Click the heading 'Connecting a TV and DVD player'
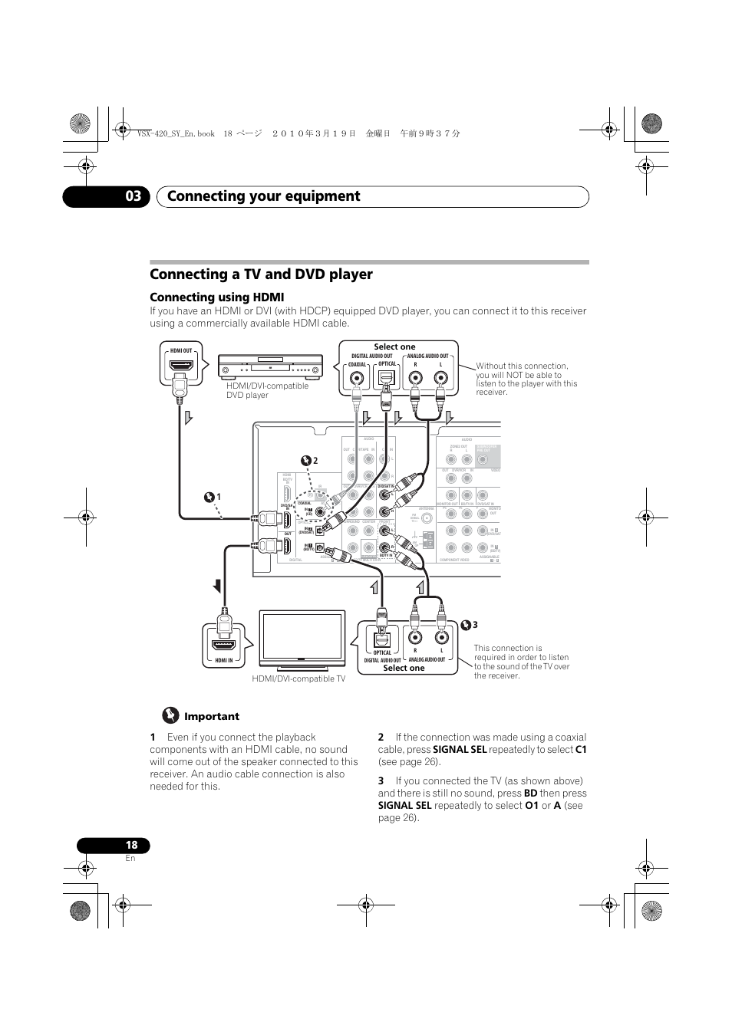(x=261, y=274)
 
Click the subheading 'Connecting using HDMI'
(x=216, y=297)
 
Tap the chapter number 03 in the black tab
(x=134, y=196)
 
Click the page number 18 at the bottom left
(x=131, y=845)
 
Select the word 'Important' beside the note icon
(x=211, y=716)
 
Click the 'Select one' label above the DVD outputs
(x=394, y=347)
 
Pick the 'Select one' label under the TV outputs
(x=404, y=668)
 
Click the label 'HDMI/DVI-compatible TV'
(x=298, y=678)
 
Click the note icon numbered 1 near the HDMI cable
(x=211, y=497)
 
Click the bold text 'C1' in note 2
(x=581, y=750)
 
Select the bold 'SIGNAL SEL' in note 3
(x=404, y=806)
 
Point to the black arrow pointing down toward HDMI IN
(x=218, y=587)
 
